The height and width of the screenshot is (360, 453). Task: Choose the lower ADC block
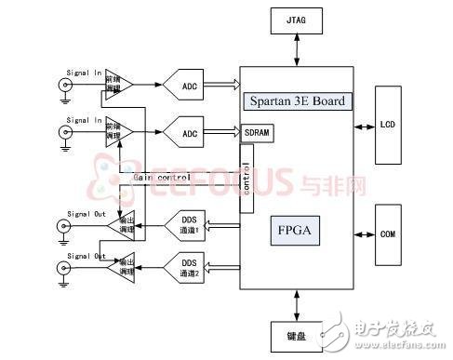point(190,134)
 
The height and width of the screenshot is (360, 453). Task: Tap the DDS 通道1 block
point(190,224)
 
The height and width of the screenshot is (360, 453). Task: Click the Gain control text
point(162,177)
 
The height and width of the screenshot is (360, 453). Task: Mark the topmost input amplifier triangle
point(117,85)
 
